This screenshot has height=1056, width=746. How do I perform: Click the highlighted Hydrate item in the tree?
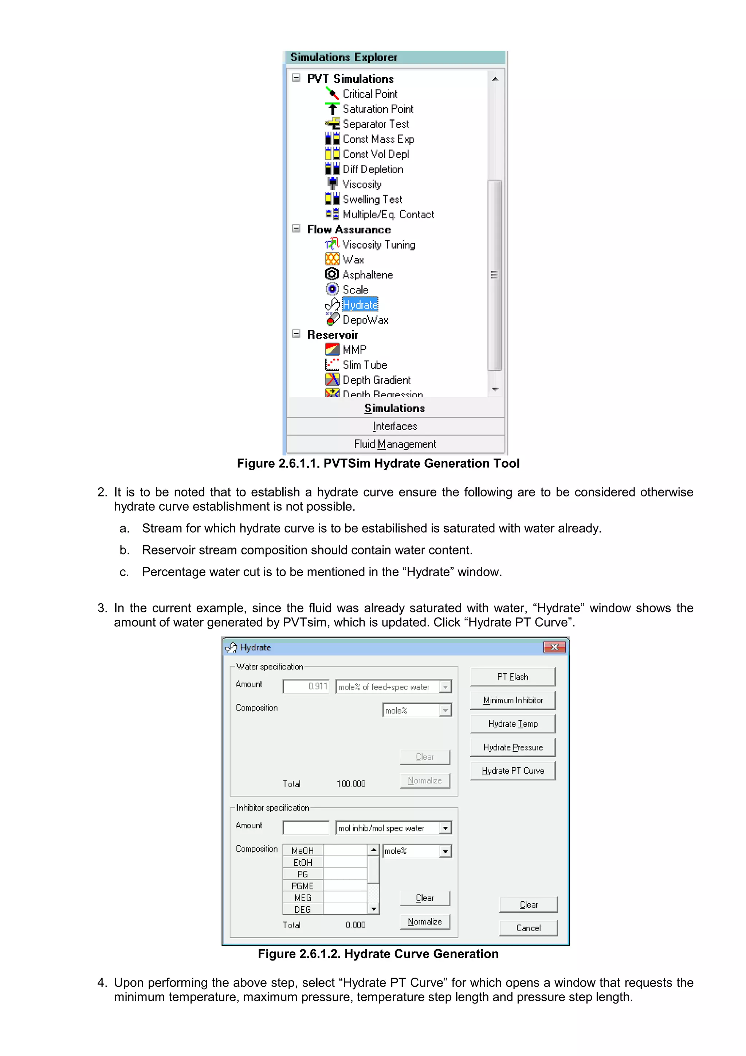(x=360, y=304)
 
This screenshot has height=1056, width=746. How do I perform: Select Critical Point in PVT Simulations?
(x=370, y=94)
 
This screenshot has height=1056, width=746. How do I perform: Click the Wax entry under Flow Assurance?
(x=353, y=260)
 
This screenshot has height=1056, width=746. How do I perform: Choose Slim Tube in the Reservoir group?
(x=365, y=365)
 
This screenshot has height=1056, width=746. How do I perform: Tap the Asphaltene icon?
(x=331, y=274)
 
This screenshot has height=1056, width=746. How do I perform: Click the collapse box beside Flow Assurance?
(x=297, y=229)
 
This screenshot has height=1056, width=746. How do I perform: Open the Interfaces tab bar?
(x=395, y=426)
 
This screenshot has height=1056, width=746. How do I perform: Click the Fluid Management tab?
(x=395, y=444)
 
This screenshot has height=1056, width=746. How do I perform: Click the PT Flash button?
(x=513, y=677)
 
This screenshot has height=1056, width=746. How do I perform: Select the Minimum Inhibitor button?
(x=513, y=700)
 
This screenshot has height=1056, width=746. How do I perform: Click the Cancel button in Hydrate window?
(x=528, y=928)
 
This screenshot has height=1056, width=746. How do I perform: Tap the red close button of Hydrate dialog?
(x=554, y=647)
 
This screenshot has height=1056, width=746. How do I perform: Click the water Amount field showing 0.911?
(x=306, y=686)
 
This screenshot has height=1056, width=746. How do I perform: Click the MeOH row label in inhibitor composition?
(x=302, y=851)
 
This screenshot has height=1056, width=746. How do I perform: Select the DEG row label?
(x=302, y=909)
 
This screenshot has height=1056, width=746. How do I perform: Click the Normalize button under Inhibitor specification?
(x=424, y=921)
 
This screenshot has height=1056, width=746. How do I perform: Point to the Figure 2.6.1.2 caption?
(x=378, y=954)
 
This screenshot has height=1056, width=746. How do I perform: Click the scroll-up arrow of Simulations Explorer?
(x=495, y=79)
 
